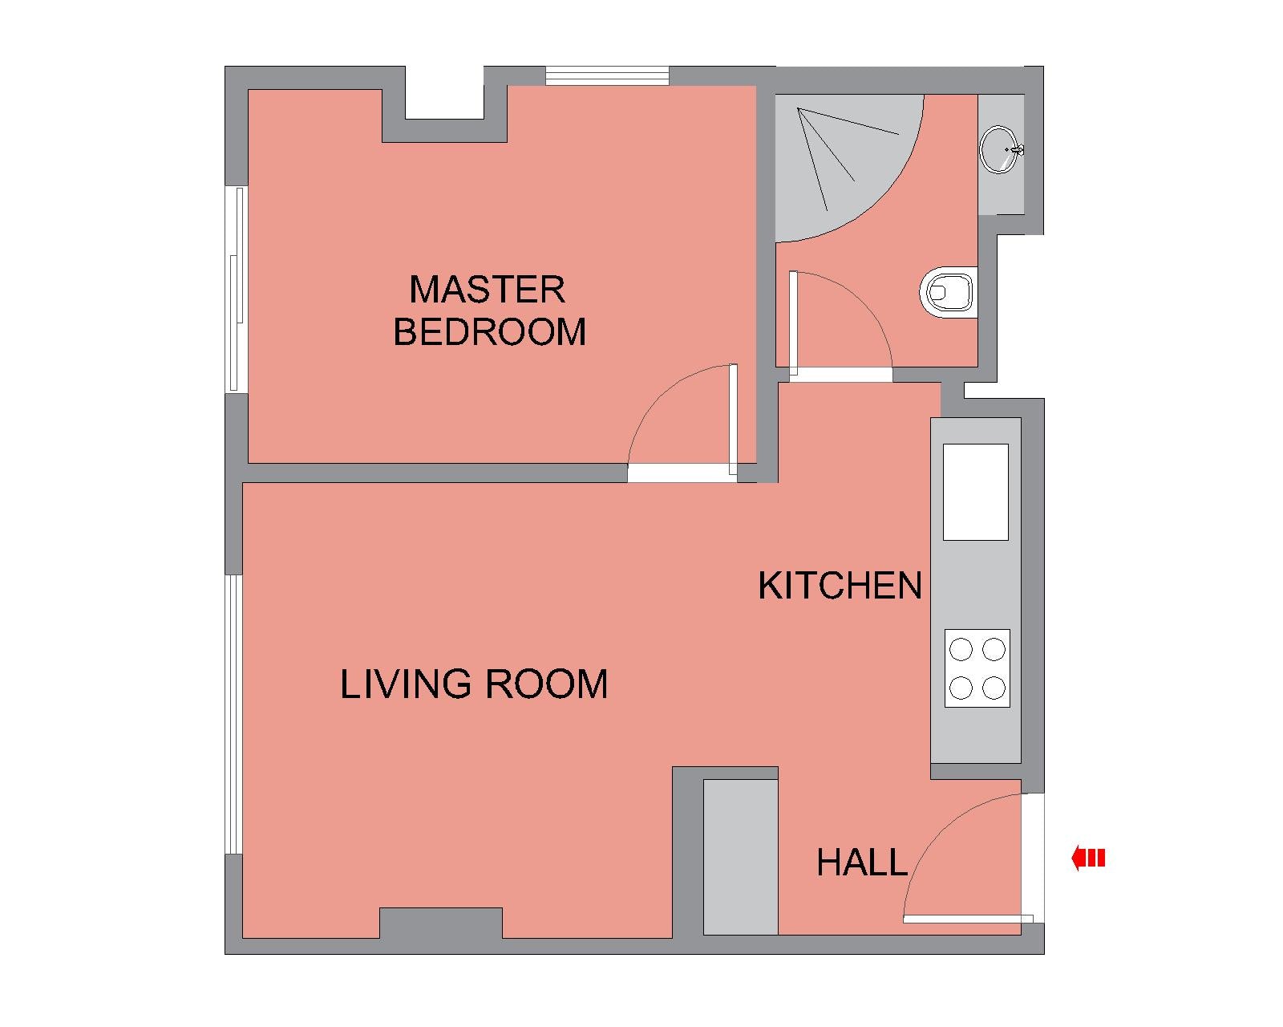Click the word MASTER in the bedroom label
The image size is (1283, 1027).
coord(487,290)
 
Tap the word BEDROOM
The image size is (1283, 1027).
coord(489,331)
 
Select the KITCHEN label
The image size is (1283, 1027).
coord(840,586)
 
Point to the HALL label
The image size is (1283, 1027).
coord(861,863)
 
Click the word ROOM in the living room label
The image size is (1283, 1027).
coord(546,684)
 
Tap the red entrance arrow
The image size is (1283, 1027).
coord(1088,859)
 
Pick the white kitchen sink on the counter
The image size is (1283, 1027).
coord(975,492)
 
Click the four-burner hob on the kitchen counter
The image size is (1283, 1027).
coord(977,668)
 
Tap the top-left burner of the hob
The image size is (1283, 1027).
coord(961,649)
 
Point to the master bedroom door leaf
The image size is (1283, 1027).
coord(733,420)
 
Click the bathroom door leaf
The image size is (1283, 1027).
coord(794,323)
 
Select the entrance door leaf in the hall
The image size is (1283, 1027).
coord(968,919)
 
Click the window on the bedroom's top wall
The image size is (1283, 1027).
coord(608,76)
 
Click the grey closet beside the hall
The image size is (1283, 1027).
coord(741,857)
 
